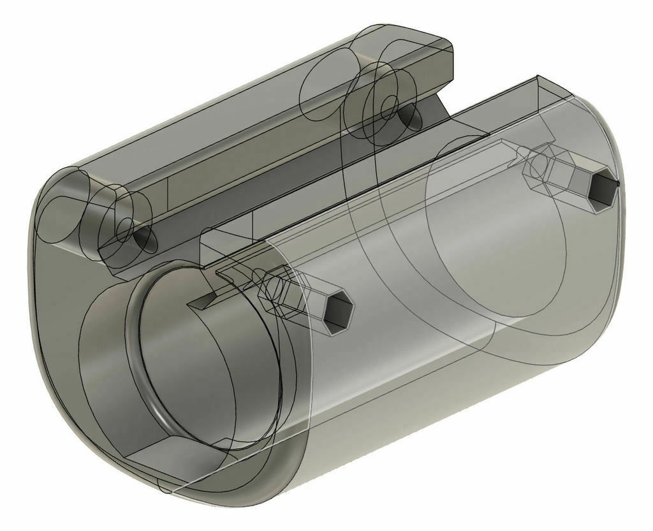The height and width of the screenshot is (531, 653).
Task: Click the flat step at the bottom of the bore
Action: click(172, 453)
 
